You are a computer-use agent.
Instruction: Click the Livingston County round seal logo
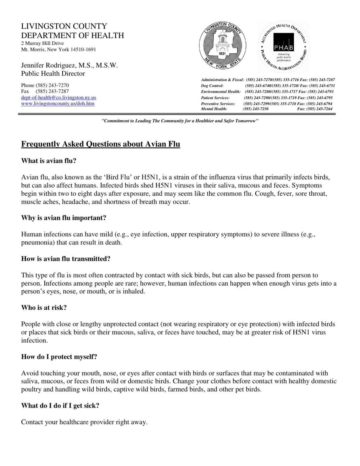222,47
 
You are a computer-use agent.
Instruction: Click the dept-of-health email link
58,98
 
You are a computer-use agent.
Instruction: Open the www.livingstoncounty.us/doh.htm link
58,104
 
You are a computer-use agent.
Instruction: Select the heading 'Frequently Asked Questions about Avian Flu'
100,144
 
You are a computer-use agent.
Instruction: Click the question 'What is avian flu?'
49,161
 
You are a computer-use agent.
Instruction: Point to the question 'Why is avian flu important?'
64,218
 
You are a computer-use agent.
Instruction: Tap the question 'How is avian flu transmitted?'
66,259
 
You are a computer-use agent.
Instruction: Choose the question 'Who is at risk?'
44,308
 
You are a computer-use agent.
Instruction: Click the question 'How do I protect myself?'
59,357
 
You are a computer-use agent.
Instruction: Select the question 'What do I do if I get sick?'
60,406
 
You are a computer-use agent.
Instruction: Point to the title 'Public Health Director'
53,74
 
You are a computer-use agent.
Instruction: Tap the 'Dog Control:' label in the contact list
212,86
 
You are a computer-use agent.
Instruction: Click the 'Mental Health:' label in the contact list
214,109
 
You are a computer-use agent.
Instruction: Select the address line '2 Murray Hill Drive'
42,43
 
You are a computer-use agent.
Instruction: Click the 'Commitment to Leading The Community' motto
180,121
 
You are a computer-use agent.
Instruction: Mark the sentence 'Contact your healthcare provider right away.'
84,422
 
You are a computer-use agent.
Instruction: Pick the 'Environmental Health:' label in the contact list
220,92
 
